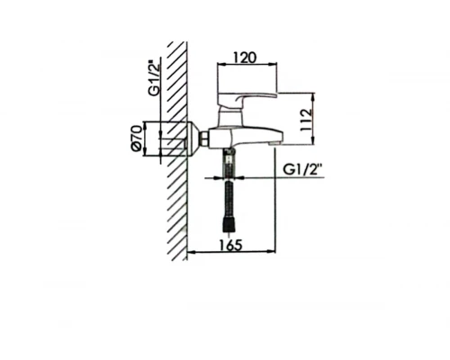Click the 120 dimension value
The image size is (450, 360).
(246, 57)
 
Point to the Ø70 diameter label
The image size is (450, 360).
(134, 139)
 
